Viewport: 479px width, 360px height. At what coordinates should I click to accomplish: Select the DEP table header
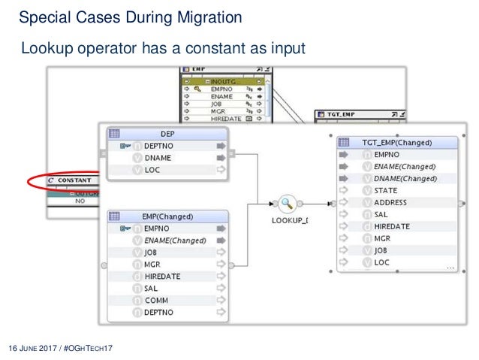point(167,132)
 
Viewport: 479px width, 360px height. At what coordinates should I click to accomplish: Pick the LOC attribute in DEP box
point(152,171)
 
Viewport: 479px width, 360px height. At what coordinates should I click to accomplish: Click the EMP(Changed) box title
point(167,216)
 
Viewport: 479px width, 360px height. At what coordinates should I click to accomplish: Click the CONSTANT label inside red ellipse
point(74,180)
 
